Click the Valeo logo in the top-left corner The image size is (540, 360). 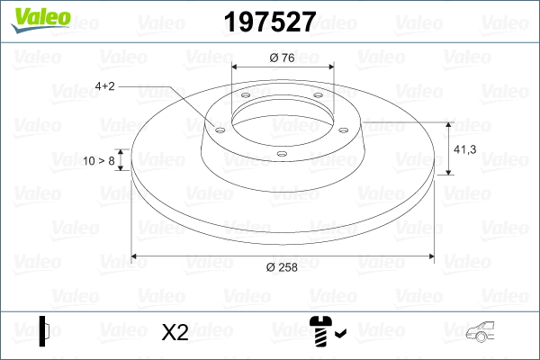pos(35,17)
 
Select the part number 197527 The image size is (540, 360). pos(269,21)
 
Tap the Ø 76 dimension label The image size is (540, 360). pos(283,58)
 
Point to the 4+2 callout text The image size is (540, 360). pos(104,86)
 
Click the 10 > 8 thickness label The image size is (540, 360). pos(98,160)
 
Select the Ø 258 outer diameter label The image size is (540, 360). pos(283,265)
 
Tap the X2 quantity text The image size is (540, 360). pos(174,333)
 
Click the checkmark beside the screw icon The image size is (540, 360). pos(340,336)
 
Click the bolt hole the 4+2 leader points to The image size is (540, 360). pos(218,127)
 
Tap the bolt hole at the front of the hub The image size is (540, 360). pos(281,153)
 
